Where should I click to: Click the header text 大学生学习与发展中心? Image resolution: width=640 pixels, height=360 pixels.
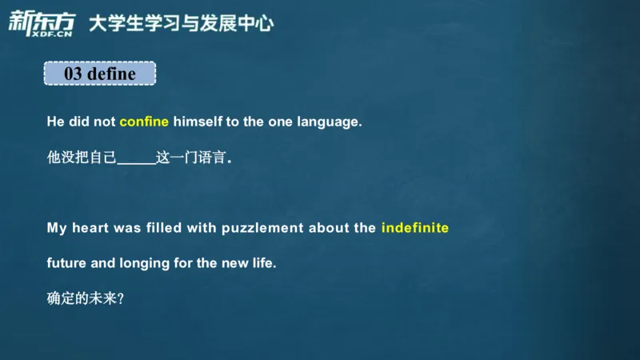tap(181, 22)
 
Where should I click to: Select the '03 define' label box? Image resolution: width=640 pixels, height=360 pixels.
tap(100, 74)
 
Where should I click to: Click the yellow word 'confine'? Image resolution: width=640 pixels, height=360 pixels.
tap(144, 122)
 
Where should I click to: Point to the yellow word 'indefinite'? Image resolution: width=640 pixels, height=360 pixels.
tap(415, 228)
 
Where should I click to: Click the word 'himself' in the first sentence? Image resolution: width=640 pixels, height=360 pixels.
tap(198, 122)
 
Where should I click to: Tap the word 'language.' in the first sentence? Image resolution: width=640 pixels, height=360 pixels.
tap(330, 122)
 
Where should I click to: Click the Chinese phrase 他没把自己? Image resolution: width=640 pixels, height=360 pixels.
tap(82, 158)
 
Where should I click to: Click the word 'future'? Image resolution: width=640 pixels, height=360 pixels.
tap(65, 263)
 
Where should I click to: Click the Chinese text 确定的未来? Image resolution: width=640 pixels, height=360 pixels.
tap(86, 298)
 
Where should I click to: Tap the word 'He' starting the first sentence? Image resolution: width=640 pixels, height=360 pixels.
tap(55, 122)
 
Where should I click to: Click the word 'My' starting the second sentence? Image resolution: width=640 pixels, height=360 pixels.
tap(57, 228)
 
